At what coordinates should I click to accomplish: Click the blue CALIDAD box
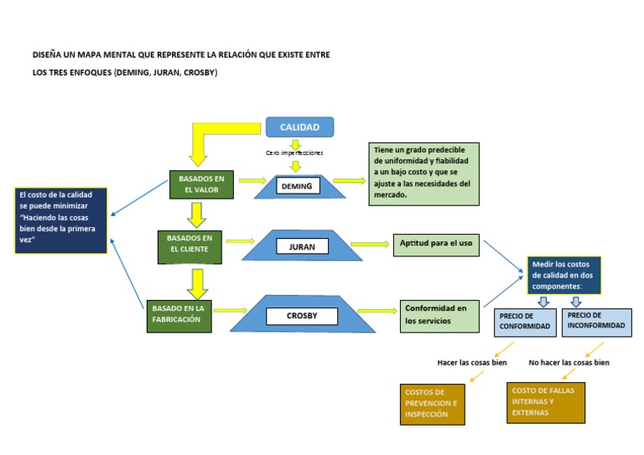[x=300, y=127]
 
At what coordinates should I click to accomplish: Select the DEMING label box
[x=298, y=186]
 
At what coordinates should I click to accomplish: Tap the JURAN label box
[x=302, y=246]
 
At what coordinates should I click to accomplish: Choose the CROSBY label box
[x=302, y=316]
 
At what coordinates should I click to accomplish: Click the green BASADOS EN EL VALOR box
[x=201, y=184]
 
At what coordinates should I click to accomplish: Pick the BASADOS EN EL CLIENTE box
[x=190, y=247]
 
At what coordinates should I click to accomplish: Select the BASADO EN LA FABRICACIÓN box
[x=179, y=316]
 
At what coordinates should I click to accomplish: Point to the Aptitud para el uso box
[x=436, y=245]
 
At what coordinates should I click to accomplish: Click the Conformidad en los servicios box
[x=439, y=316]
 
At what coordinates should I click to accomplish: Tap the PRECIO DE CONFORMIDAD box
[x=525, y=323]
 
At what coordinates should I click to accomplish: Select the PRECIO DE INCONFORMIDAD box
[x=597, y=323]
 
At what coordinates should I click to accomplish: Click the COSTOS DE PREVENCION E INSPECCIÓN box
[x=433, y=404]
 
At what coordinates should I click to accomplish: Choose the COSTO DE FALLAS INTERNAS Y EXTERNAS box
[x=546, y=402]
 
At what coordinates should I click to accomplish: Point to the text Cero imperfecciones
[x=294, y=153]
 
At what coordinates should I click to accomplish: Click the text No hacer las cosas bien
[x=569, y=363]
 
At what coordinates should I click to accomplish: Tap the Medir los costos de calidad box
[x=563, y=276]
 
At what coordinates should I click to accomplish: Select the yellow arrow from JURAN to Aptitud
[x=370, y=244]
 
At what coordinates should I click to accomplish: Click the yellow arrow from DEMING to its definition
[x=349, y=180]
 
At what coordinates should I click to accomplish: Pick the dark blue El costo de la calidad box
[x=60, y=220]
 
